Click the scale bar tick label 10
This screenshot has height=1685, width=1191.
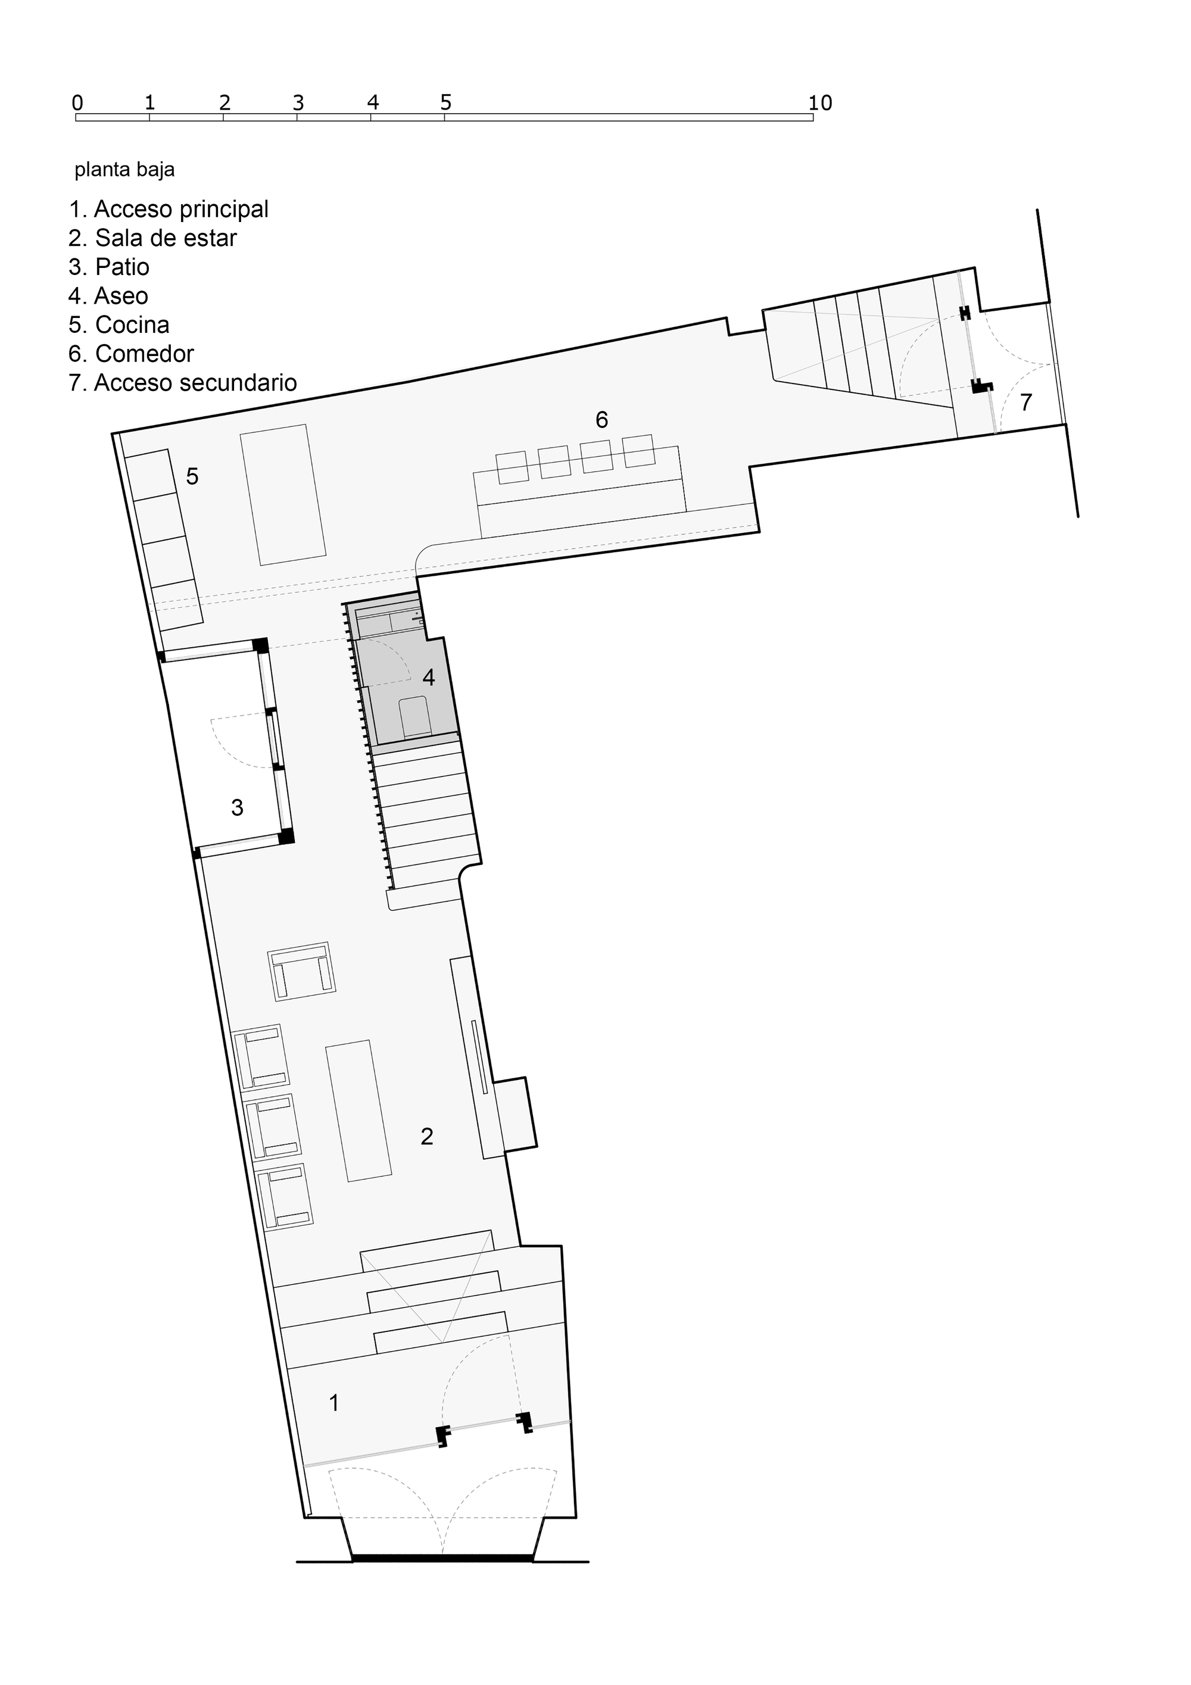pos(821,103)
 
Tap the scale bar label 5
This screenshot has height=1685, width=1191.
pos(445,103)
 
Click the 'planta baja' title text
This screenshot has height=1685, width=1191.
pos(124,170)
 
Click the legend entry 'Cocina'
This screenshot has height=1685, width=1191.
pos(119,324)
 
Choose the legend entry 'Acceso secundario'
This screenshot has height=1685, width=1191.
pos(183,382)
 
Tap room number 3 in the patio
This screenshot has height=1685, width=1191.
pos(237,807)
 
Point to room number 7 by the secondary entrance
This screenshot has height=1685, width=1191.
pos(1026,401)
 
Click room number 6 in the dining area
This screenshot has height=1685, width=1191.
pos(601,420)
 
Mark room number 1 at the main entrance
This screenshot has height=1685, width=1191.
pos(334,1402)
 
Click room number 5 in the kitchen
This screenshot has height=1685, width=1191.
pos(192,476)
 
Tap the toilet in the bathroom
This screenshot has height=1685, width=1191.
pos(414,716)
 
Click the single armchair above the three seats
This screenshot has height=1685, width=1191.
pos(301,972)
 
